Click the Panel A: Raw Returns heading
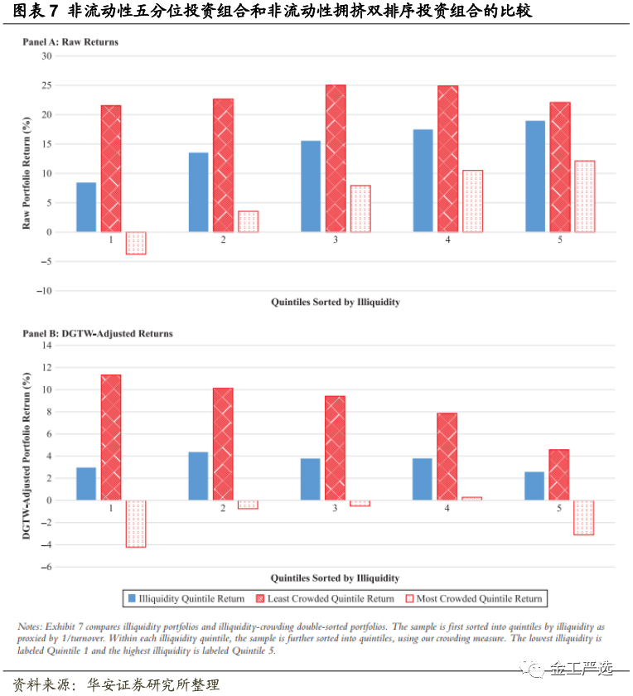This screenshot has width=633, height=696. coord(70,41)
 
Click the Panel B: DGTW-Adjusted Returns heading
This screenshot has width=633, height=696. coord(97,333)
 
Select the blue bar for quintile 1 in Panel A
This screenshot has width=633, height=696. coord(86,207)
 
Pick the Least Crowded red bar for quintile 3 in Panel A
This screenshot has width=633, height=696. coord(336,157)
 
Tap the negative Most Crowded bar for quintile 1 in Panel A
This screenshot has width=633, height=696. coord(136,243)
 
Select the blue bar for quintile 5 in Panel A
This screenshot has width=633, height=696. coord(535,176)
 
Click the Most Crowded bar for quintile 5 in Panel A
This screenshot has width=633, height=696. coord(585,196)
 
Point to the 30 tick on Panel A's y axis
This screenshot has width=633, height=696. coord(46,56)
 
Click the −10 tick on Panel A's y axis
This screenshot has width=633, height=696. coord(43,291)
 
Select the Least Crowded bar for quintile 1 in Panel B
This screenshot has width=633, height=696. coord(111,437)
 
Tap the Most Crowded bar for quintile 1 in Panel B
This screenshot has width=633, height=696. coord(136,524)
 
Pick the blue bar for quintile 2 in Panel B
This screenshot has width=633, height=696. coord(198,476)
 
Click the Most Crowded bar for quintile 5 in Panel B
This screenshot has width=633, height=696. coord(583,517)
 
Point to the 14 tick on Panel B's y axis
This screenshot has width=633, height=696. coord(46,345)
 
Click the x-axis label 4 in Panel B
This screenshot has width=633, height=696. coord(447,508)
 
